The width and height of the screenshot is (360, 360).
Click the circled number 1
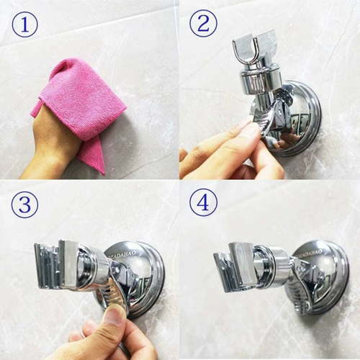(x=24, y=25)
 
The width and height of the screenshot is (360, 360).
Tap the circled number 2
(x=203, y=25)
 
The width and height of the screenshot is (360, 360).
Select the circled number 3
(x=24, y=204)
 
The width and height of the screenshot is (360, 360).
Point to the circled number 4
(x=203, y=203)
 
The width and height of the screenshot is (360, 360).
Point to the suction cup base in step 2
(x=302, y=115)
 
